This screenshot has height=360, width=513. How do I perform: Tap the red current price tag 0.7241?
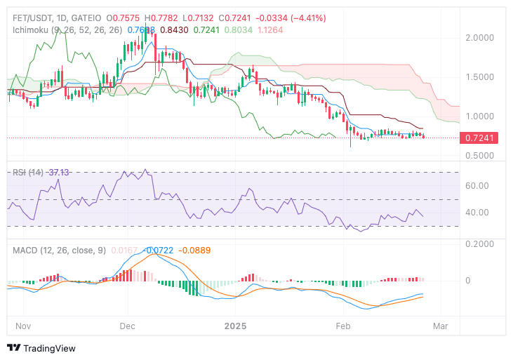tap(481, 138)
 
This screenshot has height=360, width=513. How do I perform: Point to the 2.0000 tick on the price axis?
tap(481, 38)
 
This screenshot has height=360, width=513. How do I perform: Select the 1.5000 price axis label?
tap(481, 77)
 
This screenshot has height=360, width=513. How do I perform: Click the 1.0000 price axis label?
tap(481, 116)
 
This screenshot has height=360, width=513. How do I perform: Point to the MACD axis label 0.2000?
tap(481, 244)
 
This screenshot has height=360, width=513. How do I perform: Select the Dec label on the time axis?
tap(127, 326)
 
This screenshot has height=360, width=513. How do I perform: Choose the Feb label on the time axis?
tap(343, 326)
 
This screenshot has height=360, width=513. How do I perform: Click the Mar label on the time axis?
tap(441, 326)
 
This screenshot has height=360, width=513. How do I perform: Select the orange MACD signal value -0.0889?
tap(194, 250)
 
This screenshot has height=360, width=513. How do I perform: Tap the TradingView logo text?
tap(49, 348)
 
